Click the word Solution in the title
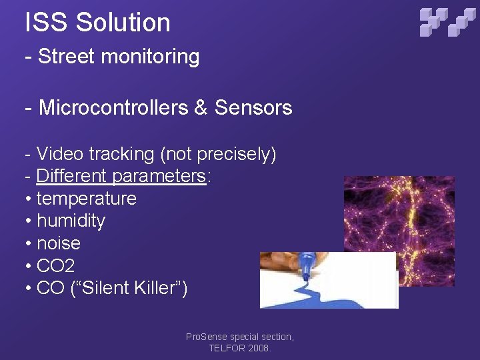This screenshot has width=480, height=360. [123, 22]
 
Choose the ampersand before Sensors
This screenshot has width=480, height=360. [201, 107]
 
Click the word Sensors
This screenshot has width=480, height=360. [253, 107]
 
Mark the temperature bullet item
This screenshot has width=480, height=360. [86, 199]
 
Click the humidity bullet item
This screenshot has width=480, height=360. [71, 221]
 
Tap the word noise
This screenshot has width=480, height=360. [59, 243]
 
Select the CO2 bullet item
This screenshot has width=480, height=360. [55, 266]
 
